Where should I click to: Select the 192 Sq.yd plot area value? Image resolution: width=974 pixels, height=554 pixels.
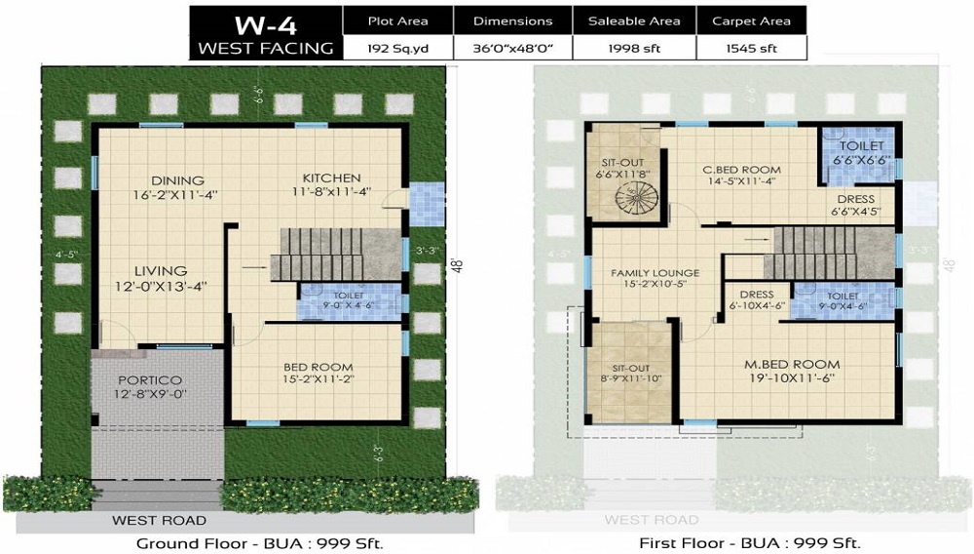pyautogui.click(x=397, y=47)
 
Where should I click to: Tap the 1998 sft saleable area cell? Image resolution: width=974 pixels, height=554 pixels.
pyautogui.click(x=634, y=47)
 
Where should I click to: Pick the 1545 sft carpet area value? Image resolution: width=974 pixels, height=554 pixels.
pyautogui.click(x=752, y=47)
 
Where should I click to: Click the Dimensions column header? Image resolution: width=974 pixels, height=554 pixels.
pyautogui.click(x=512, y=20)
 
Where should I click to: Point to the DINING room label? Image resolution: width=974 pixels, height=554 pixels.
pyautogui.click(x=177, y=180)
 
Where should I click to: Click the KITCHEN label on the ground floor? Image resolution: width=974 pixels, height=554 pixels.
pyautogui.click(x=331, y=178)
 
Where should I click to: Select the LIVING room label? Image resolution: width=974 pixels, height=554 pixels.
pyautogui.click(x=161, y=270)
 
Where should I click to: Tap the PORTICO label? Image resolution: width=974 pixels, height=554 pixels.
pyautogui.click(x=151, y=379)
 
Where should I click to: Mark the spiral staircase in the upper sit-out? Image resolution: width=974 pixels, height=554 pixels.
pyautogui.click(x=636, y=201)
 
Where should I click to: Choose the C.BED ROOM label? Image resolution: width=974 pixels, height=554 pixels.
pyautogui.click(x=742, y=170)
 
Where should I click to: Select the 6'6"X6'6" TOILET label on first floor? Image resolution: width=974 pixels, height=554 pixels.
pyautogui.click(x=862, y=145)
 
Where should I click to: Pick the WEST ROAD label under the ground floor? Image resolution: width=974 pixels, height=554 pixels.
pyautogui.click(x=159, y=520)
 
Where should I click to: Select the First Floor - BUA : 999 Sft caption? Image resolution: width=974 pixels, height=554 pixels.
pyautogui.click(x=749, y=543)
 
